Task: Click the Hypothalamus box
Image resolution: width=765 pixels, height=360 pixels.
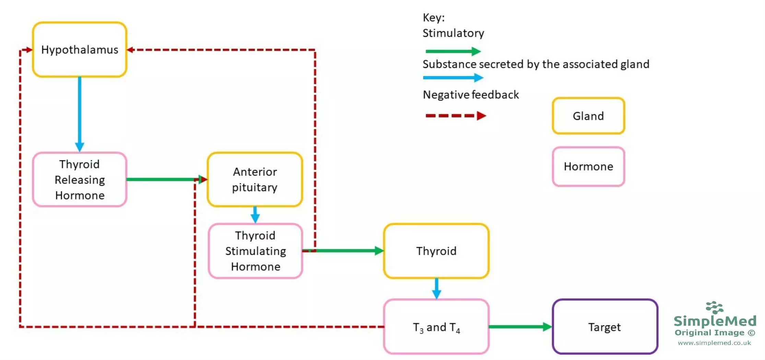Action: pos(80,50)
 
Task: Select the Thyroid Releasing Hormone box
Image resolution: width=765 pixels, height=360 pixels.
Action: pos(80,179)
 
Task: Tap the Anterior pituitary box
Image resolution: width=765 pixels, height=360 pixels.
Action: pos(255,179)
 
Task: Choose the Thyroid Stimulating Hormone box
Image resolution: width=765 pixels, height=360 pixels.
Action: pos(255,251)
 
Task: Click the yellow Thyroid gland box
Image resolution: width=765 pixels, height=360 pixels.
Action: pos(436,251)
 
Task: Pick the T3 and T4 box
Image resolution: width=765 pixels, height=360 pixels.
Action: pos(436,327)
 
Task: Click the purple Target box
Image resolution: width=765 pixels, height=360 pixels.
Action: pos(604,327)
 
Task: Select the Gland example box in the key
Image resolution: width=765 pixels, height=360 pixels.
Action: pos(588,116)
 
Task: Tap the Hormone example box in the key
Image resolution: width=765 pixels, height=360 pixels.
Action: pos(588,167)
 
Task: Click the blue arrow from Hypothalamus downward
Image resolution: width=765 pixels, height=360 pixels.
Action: pos(80,113)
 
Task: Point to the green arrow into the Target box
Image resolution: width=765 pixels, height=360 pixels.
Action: pos(520,327)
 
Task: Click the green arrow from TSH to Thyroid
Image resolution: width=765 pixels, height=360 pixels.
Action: pos(346,251)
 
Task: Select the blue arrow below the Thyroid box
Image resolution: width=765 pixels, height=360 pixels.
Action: pos(436,288)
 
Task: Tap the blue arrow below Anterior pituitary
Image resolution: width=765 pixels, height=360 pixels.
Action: pos(255,215)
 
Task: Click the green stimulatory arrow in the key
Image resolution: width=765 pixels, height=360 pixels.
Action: pos(453,51)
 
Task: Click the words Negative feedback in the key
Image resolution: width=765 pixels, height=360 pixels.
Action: pos(471,95)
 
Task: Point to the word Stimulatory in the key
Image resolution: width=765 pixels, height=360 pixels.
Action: pos(453,33)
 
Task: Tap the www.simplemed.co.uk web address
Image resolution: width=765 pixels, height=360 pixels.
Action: pos(714,343)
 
